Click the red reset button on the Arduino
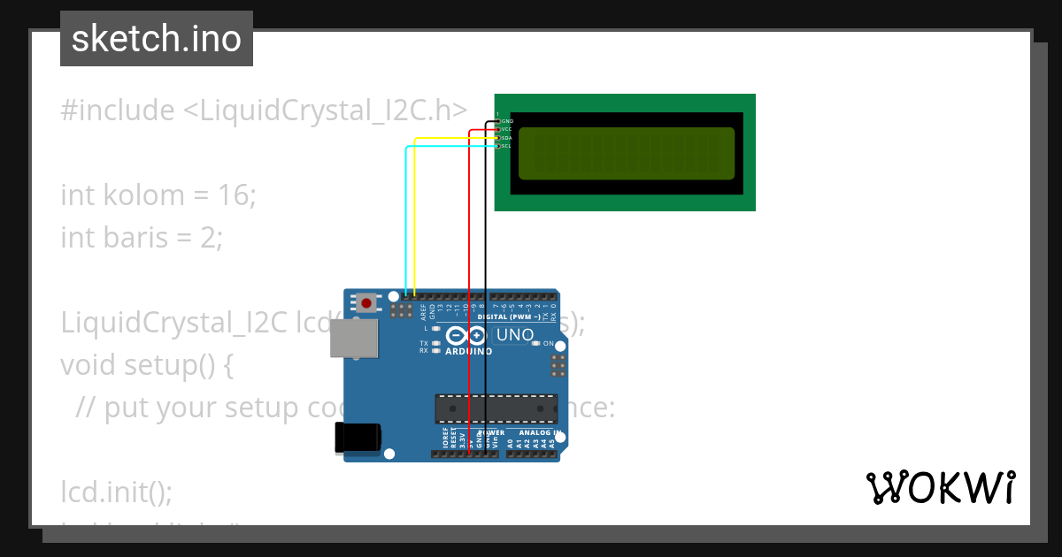pos(366,302)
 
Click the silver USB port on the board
pos(354,338)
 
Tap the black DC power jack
pos(358,437)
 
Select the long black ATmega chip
pos(496,408)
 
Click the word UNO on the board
pos(515,335)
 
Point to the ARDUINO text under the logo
pos(468,351)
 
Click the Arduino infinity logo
pos(466,335)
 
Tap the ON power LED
pos(536,343)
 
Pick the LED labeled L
pos(436,328)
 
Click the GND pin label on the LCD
pos(507,121)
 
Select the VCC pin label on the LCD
pos(506,129)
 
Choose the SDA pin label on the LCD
pos(506,138)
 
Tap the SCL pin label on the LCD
pos(506,146)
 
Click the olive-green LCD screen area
pos(626,152)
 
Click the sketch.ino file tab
pos(157,39)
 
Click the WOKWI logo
pos(940,487)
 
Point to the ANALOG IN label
pos(541,433)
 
